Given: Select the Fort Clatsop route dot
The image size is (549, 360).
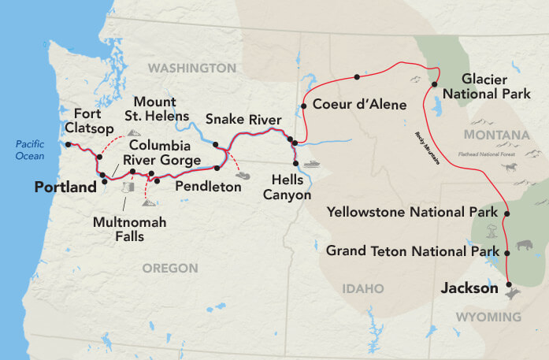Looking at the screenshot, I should pos(69,144).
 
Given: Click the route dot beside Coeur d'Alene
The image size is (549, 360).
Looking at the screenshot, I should pos(303,105).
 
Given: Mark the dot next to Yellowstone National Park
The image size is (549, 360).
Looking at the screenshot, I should pos(506,213).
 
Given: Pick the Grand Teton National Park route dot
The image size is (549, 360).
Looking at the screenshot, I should pos(507,252).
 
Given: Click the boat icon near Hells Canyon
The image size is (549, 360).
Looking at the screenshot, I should pos(313,165).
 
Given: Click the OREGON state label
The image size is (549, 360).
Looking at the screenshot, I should pos(169,269).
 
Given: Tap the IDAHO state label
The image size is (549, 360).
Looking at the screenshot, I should pos(362,288).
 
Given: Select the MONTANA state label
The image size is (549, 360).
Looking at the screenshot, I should pos(496,135).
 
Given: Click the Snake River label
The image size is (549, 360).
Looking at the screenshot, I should pos(243,119).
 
